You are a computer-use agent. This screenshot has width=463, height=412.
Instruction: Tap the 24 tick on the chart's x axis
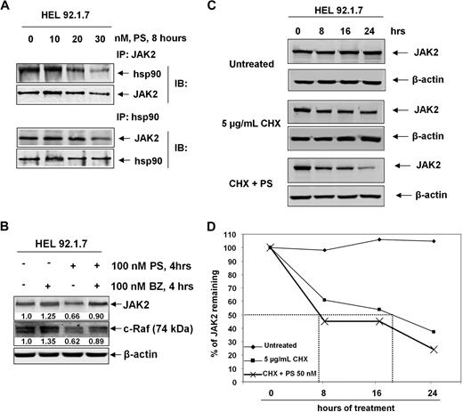(x=435, y=390)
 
